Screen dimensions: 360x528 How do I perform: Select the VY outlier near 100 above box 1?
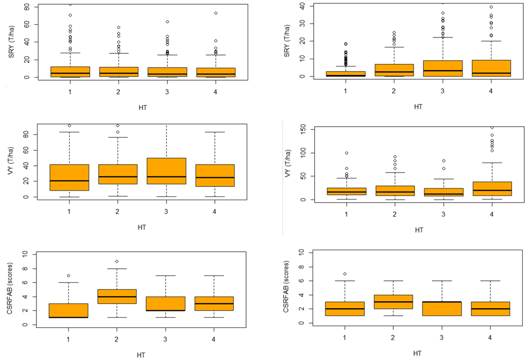click(x=346, y=153)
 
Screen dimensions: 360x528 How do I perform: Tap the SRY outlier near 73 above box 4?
click(x=215, y=13)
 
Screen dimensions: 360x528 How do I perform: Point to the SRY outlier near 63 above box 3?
click(x=167, y=22)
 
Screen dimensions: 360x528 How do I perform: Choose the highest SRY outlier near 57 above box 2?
click(x=119, y=27)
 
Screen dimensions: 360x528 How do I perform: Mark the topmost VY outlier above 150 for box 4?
click(x=491, y=127)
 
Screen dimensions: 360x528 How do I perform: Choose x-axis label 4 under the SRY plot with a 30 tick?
click(x=491, y=91)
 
